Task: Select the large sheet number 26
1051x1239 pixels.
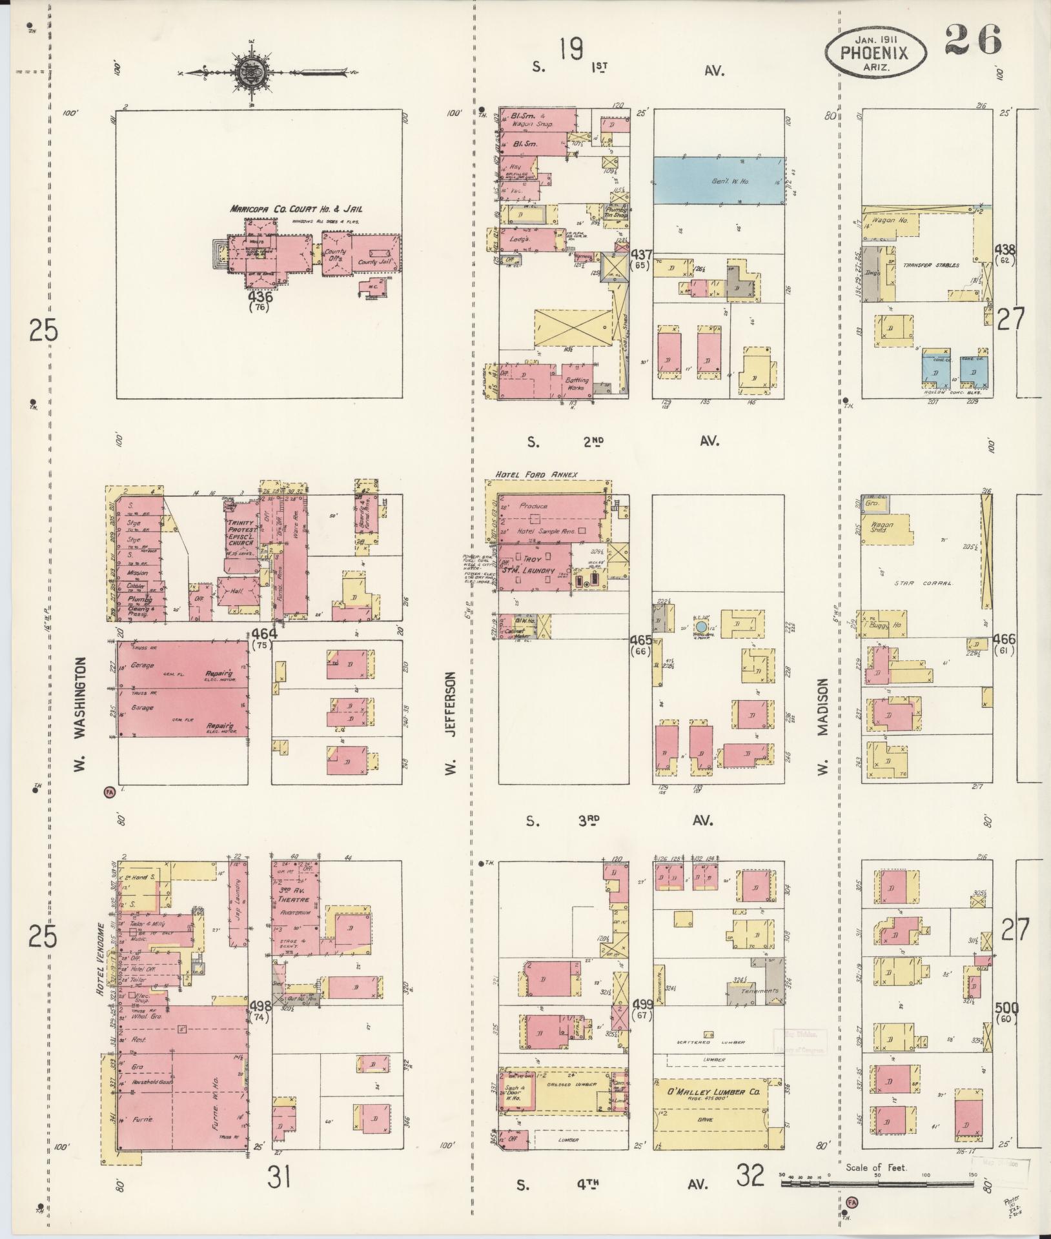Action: pos(973,39)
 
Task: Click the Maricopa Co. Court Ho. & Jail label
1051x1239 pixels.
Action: pos(294,209)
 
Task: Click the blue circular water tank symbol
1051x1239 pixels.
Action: pos(701,627)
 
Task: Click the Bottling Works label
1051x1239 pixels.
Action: pos(577,384)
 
